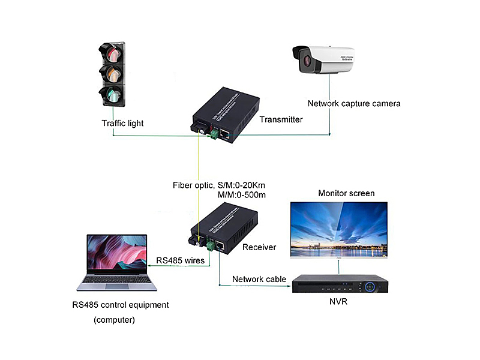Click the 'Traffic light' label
[x=122, y=123]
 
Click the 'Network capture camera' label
[x=354, y=103]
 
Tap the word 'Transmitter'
[x=281, y=119]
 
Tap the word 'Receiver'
[x=259, y=247]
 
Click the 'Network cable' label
[x=255, y=279]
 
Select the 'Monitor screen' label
[x=346, y=193]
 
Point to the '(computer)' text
[x=114, y=320]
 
